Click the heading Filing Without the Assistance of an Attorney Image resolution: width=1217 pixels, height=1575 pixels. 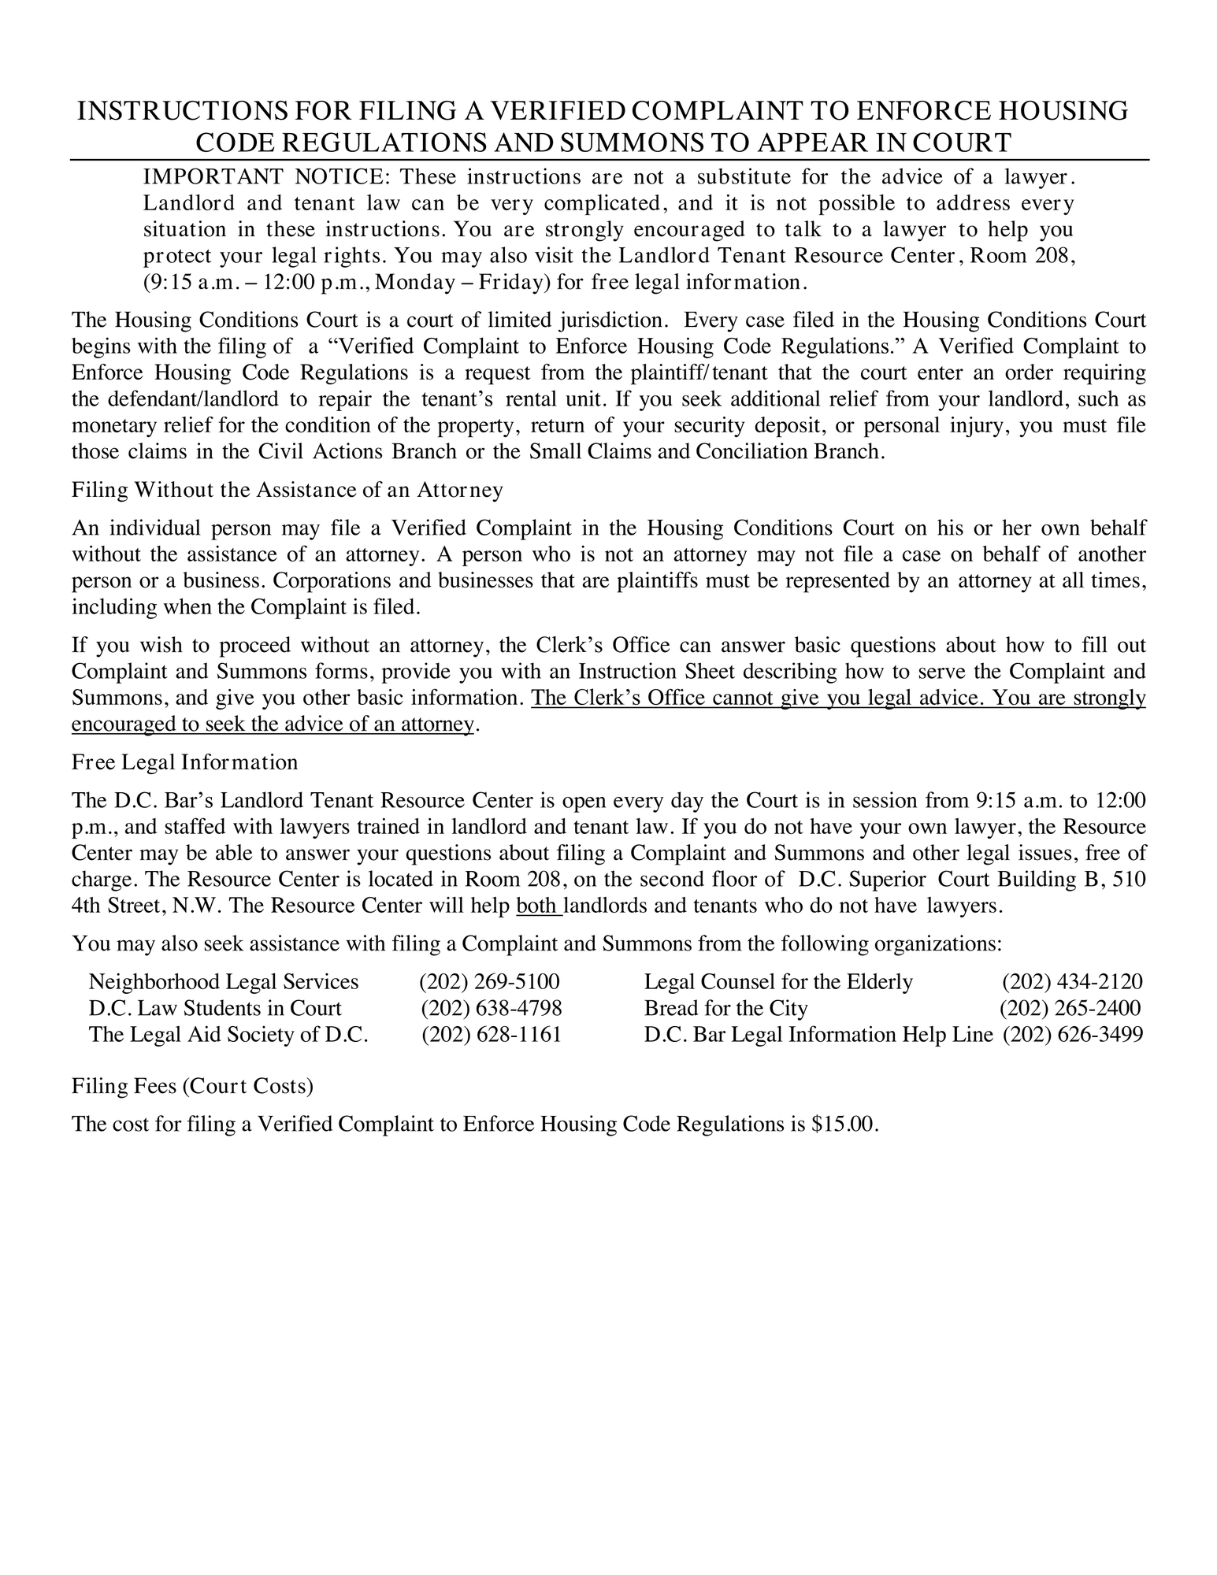[287, 490]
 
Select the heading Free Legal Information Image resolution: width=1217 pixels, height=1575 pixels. [184, 762]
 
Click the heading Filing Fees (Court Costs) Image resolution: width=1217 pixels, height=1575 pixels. [192, 1086]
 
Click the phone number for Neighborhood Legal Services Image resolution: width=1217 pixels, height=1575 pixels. [489, 982]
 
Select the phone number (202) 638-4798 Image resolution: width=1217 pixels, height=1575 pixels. [491, 1008]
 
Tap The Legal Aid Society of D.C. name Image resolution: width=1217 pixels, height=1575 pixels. [228, 1034]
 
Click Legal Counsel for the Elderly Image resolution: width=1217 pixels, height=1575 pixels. [778, 982]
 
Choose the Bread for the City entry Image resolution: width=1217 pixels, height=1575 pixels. [725, 1008]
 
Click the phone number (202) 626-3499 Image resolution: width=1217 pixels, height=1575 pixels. [1072, 1034]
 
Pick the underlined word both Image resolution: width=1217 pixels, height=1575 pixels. [538, 906]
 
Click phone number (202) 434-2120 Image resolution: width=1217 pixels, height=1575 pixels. [1072, 982]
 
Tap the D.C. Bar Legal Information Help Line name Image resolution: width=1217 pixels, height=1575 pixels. [818, 1034]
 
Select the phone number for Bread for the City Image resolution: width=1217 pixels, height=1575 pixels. [1070, 1008]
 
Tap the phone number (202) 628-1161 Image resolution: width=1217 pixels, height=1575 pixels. [492, 1034]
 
